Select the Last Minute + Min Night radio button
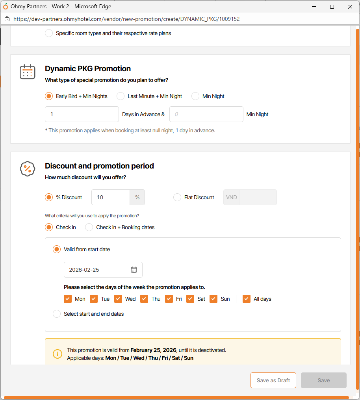[121, 96]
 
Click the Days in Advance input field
[82, 114]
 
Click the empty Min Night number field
[206, 114]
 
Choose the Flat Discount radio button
[177, 197]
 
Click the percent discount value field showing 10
[111, 197]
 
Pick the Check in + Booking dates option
[89, 227]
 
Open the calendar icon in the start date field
[134, 270]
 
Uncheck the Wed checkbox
[118, 299]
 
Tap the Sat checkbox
[190, 299]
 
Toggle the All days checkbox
[247, 299]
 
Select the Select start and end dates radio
[57, 314]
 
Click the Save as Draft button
[273, 380]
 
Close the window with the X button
[350, 7]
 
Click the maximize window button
[332, 7]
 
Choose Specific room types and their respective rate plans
[49, 33]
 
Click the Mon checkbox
[68, 299]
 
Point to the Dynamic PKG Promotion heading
[88, 69]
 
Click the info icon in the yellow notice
[58, 354]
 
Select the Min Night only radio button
[195, 96]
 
